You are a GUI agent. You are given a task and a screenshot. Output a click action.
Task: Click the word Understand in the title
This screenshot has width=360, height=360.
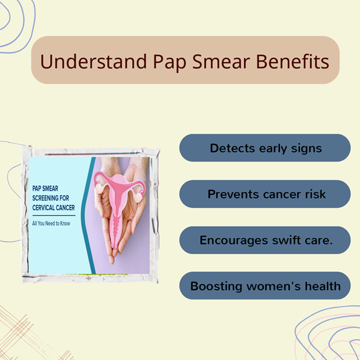pos(93,62)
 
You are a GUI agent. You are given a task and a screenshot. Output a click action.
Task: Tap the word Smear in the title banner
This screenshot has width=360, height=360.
pos(221,62)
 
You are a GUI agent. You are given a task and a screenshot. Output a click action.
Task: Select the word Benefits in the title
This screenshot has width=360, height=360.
pos(292,62)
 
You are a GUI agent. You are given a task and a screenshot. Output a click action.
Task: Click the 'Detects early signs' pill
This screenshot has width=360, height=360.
pos(265,148)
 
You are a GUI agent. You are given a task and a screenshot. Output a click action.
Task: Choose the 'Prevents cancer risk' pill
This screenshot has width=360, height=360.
pos(265,194)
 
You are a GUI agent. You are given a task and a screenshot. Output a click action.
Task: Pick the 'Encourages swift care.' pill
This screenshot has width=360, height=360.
pos(265,240)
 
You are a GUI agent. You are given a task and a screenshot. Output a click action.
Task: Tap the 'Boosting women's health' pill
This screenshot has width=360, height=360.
pos(265,286)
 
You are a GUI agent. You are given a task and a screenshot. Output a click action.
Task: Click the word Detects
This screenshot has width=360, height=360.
pos(232,148)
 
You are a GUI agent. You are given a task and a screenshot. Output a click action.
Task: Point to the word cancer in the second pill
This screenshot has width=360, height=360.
pos(282,194)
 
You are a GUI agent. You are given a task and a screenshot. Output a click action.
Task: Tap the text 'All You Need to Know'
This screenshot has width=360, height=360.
pos(51,223)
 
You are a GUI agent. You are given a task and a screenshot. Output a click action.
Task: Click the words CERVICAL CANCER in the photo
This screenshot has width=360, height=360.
pos(54,208)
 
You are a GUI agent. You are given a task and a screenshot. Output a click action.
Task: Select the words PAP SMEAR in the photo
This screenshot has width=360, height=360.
pos(45,189)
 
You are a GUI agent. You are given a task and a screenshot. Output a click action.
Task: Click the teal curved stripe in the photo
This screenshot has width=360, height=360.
pos(88,216)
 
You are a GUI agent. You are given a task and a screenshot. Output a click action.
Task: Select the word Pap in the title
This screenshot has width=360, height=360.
pos(170,62)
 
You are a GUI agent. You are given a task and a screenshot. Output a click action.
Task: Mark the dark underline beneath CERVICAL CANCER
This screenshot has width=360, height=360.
pos(54,216)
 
